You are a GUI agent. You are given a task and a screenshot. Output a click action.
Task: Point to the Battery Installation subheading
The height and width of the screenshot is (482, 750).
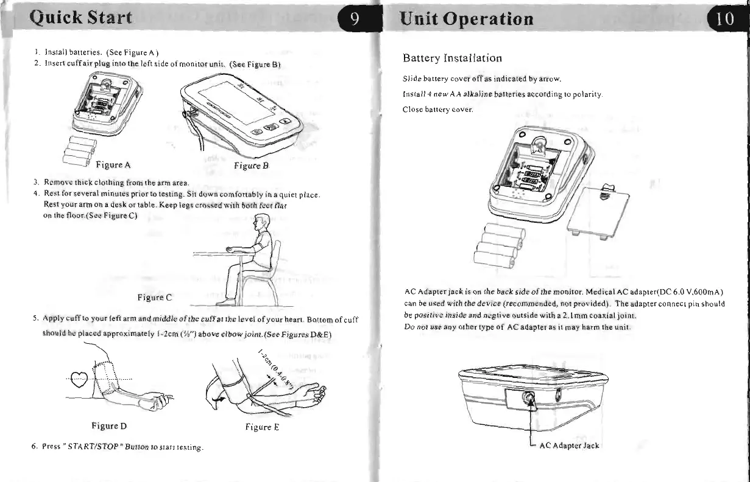tap(453, 58)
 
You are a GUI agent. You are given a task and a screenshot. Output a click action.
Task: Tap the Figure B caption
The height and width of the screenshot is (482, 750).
tap(252, 165)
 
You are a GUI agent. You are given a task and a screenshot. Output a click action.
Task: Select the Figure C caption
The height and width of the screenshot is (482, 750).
tap(155, 298)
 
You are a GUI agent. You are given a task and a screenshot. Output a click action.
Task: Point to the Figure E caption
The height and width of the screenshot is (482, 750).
tap(262, 427)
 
